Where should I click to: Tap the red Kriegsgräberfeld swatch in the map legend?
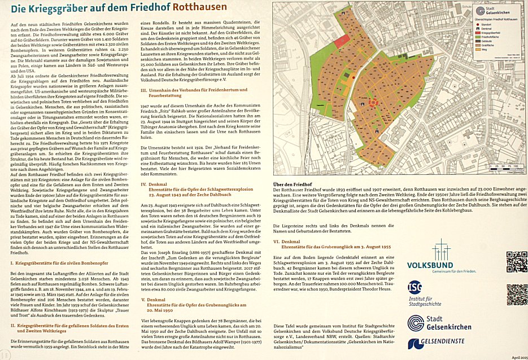477,33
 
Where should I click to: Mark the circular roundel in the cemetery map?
373,102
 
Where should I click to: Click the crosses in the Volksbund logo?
440,249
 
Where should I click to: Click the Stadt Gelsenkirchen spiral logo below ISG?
416,322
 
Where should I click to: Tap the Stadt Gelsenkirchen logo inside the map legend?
481,11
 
